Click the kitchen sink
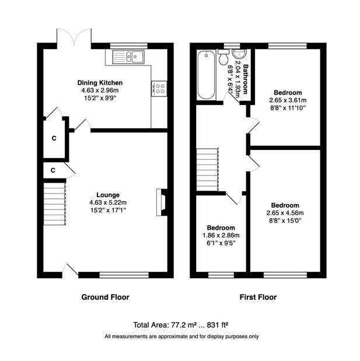point(128,57)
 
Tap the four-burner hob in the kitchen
point(159,89)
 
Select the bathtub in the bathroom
point(206,75)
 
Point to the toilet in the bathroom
point(223,57)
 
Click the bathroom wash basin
point(240,54)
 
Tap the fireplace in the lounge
point(162,202)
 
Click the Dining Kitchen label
point(100,83)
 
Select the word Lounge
point(108,195)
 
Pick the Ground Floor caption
point(105,297)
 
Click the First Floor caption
point(258,297)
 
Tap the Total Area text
point(181,325)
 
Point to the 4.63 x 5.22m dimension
point(108,202)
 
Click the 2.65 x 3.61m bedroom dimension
point(288,100)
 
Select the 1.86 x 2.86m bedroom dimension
point(221,235)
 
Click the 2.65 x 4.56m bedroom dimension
point(285,213)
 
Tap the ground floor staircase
point(55,204)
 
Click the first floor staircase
point(207,170)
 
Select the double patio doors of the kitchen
point(74,37)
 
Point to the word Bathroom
point(246,79)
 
